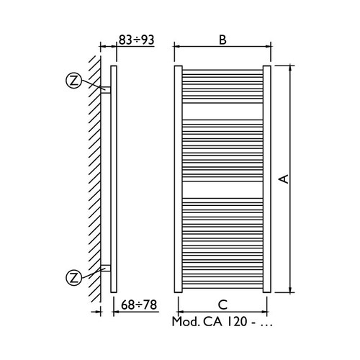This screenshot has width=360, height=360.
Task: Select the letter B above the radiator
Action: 222,40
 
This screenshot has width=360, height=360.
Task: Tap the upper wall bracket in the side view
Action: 105,91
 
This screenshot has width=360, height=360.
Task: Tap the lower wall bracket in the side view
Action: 105,268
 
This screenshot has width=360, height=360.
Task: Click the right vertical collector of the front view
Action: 267,179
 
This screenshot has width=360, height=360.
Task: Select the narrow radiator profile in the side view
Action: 114,180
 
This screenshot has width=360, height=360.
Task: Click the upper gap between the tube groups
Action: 222,117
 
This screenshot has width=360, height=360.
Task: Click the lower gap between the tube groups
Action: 222,189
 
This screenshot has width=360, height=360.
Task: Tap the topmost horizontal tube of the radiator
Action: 222,70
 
